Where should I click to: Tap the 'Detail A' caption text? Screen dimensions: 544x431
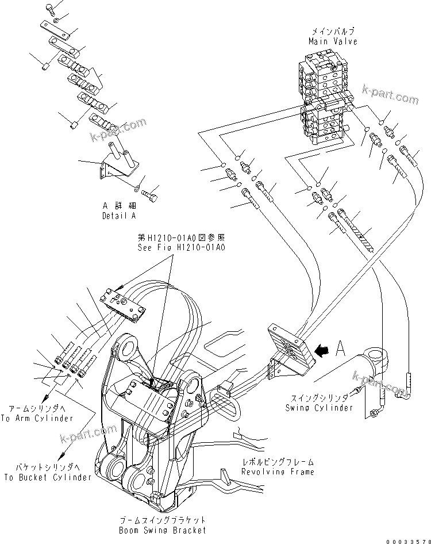119,216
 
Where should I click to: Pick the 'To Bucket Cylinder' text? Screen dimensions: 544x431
47,477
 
